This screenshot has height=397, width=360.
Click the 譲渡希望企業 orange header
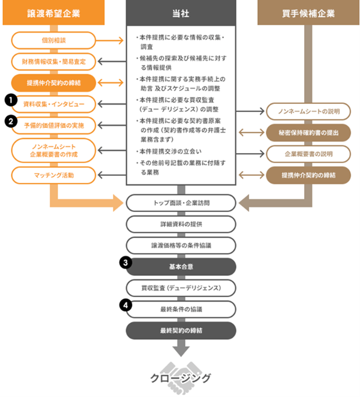[x=54, y=13]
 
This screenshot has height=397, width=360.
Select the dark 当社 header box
[x=180, y=13]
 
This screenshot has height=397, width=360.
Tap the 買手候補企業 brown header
[x=308, y=13]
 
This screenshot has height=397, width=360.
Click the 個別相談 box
[x=54, y=40]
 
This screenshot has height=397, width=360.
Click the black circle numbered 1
[x=9, y=100]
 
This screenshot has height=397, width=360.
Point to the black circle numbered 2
[x=9, y=121]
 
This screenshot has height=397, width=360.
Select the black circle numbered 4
[x=126, y=305]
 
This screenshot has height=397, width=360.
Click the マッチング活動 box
[x=54, y=175]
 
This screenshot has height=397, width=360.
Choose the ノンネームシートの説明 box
[x=308, y=111]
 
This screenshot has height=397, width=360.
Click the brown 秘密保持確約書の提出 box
[x=308, y=132]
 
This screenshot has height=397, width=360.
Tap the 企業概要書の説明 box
[x=308, y=154]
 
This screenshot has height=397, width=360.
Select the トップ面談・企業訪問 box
[x=181, y=203]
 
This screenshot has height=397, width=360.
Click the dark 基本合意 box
[x=181, y=267]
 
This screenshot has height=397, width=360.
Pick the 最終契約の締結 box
[x=181, y=331]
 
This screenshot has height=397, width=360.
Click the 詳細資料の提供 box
[x=181, y=224]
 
